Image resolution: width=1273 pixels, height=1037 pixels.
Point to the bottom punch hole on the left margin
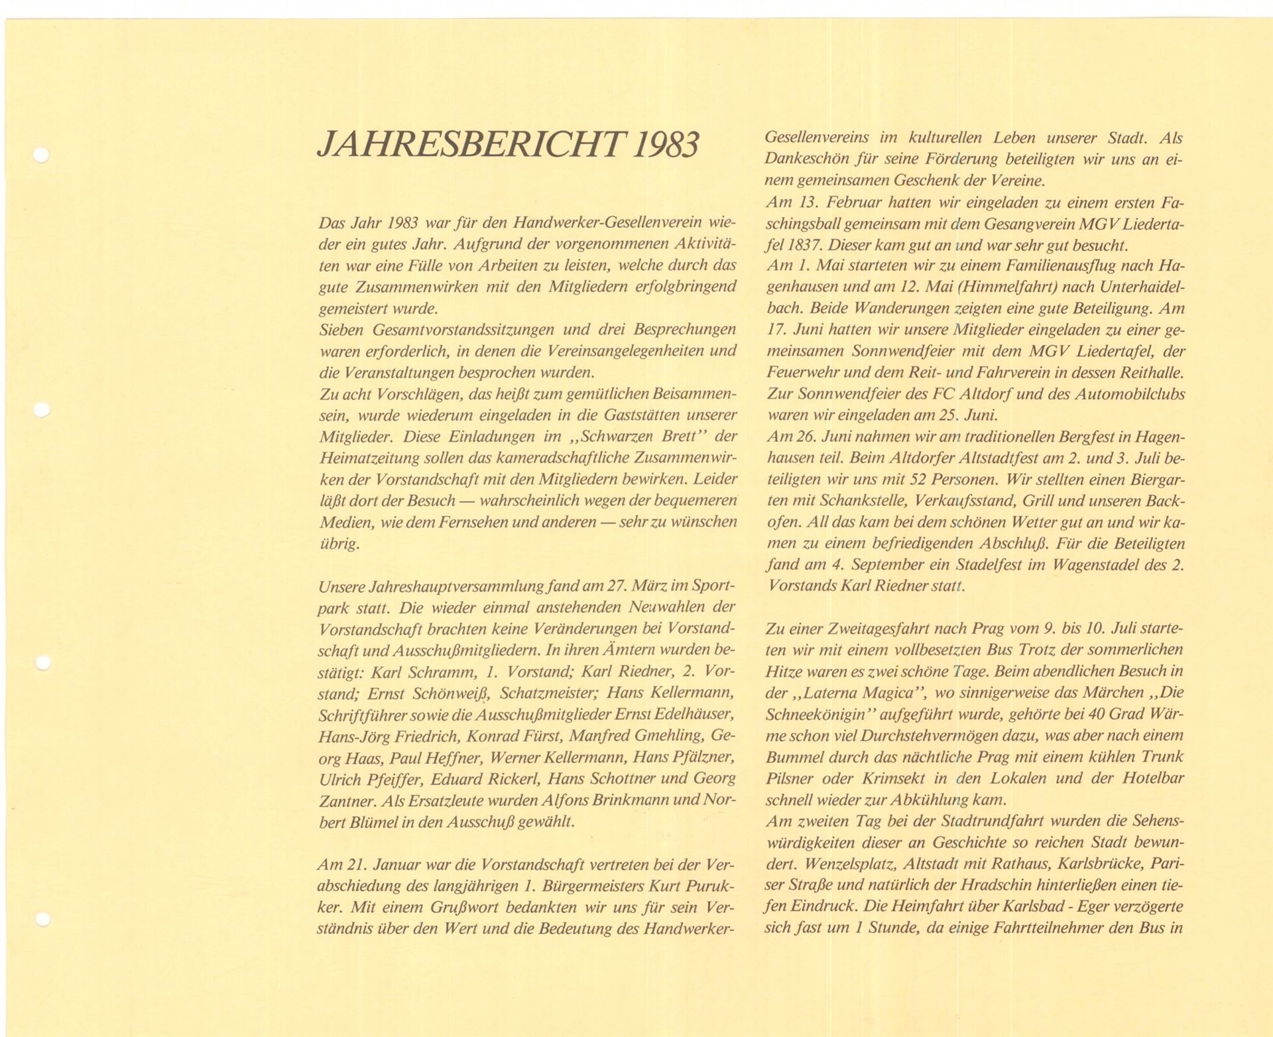pos(42,920)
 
